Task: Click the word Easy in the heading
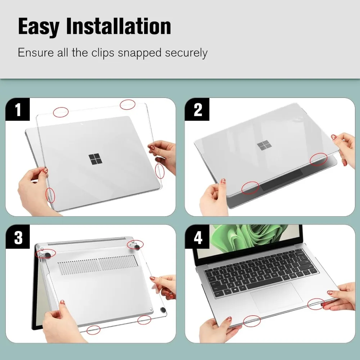39,27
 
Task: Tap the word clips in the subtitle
103,53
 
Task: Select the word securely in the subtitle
186,53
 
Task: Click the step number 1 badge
18,109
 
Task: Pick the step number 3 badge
18,237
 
